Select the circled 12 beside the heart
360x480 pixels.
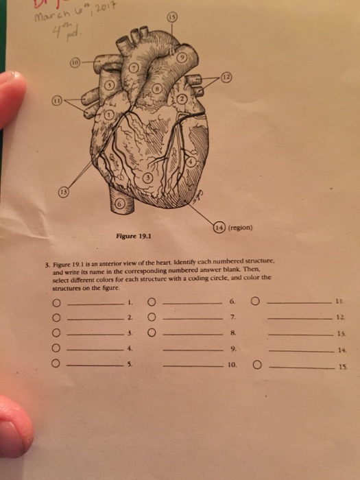pos(226,79)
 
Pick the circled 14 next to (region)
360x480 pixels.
pos(216,228)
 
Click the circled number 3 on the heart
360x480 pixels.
pos(147,180)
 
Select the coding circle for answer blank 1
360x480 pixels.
pos(58,302)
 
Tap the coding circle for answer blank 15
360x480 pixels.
pos(256,365)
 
